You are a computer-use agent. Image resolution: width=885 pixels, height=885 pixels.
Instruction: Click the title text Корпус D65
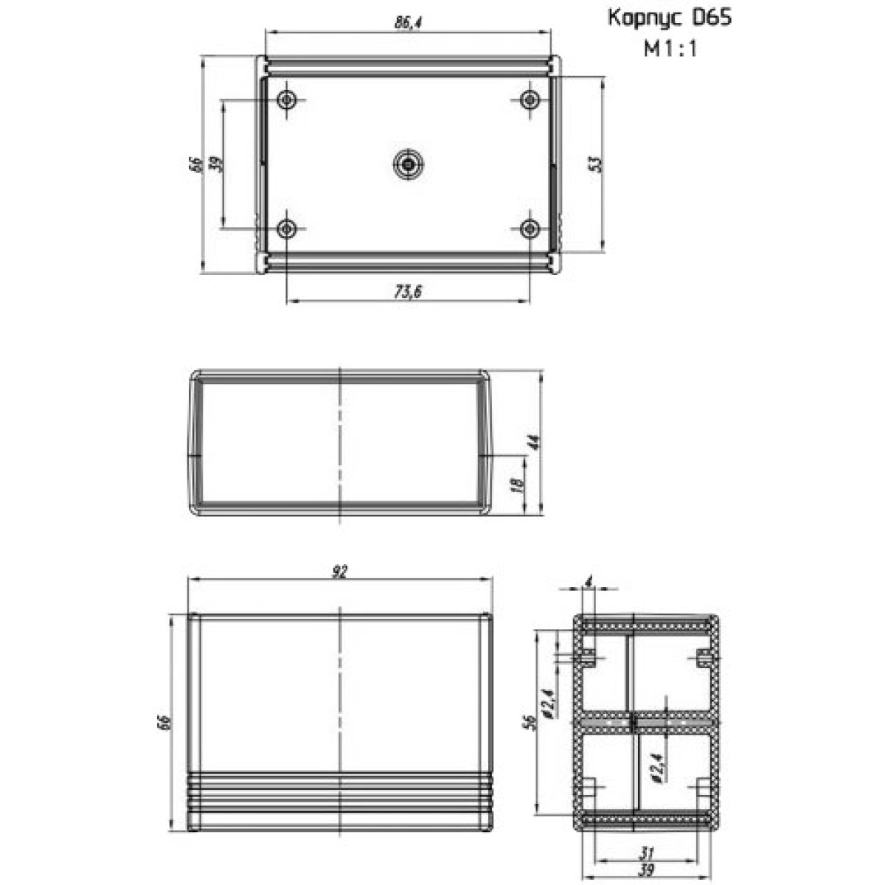coord(669,18)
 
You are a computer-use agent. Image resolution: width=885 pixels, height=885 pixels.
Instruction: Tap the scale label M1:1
coord(670,49)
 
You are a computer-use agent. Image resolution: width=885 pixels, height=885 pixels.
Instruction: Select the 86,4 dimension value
coord(409,23)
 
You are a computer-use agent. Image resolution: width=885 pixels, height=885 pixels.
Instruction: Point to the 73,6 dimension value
coord(409,291)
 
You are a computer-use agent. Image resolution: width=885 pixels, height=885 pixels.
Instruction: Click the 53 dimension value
coord(594,164)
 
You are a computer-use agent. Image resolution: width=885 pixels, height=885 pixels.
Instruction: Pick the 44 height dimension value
coord(533,442)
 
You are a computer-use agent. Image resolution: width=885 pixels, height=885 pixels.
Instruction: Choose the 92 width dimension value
coord(339,572)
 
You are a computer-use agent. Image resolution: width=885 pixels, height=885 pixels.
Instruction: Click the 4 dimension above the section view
coord(589,583)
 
